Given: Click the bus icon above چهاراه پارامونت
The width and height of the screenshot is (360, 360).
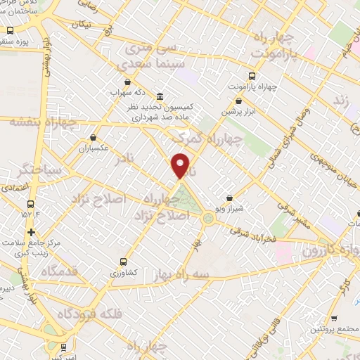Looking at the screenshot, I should tap(252, 75).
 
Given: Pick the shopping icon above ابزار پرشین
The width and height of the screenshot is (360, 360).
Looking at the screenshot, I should tap(239, 101).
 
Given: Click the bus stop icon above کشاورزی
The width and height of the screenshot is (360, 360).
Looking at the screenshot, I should tap(124, 259).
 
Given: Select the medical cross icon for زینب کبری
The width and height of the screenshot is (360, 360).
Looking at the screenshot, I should tap(31, 232).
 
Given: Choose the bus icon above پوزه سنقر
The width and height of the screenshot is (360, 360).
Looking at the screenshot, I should tap(10, 31).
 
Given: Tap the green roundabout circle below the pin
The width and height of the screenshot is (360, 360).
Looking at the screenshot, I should tap(209, 219).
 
